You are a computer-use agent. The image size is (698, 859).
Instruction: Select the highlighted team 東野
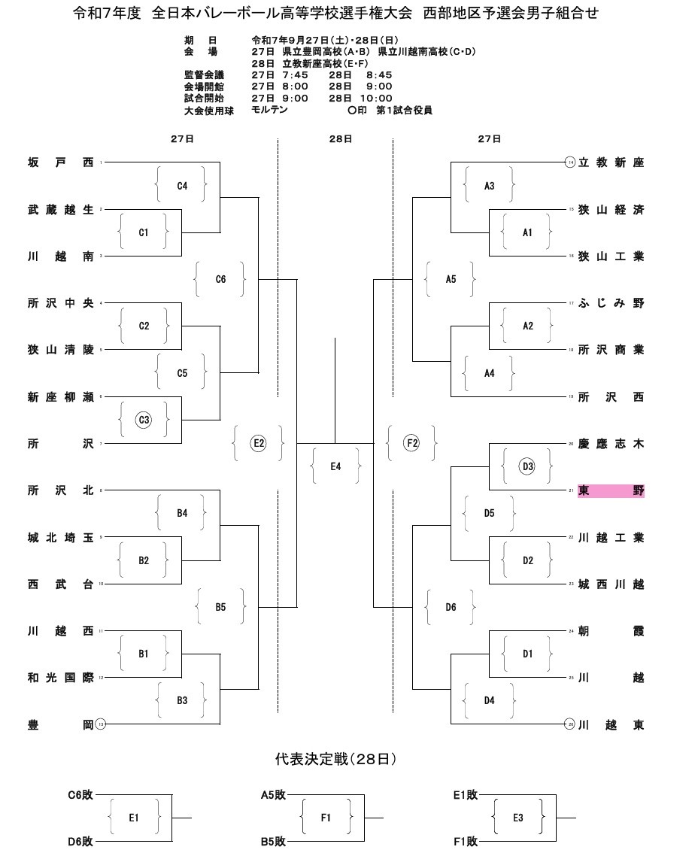pos(611,491)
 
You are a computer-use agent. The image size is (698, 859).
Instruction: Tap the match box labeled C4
pos(182,186)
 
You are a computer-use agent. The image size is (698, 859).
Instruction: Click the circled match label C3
pos(144,420)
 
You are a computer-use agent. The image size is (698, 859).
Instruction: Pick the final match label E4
pos(335,467)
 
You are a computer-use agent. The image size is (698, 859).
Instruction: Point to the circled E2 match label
pos(259,444)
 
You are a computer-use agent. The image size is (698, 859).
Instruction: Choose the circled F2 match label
pos(411,444)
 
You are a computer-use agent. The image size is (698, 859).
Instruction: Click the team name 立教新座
pos(611,162)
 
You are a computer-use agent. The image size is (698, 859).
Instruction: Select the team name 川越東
pos(611,725)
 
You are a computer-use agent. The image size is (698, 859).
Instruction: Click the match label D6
pos(451,607)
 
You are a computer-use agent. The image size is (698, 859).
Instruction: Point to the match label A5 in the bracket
pos(451,279)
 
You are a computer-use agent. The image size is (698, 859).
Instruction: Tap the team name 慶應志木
pos(611,445)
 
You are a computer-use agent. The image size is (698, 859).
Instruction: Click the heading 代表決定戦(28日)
pos(335,760)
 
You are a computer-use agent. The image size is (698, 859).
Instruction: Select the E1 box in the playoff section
pos(134,818)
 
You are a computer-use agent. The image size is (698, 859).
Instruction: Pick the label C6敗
pos(80,794)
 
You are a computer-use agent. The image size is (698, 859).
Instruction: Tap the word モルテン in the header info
pos(270,110)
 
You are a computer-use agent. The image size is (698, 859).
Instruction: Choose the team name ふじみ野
pos(611,303)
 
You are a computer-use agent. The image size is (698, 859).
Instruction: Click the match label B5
pos(220,607)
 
